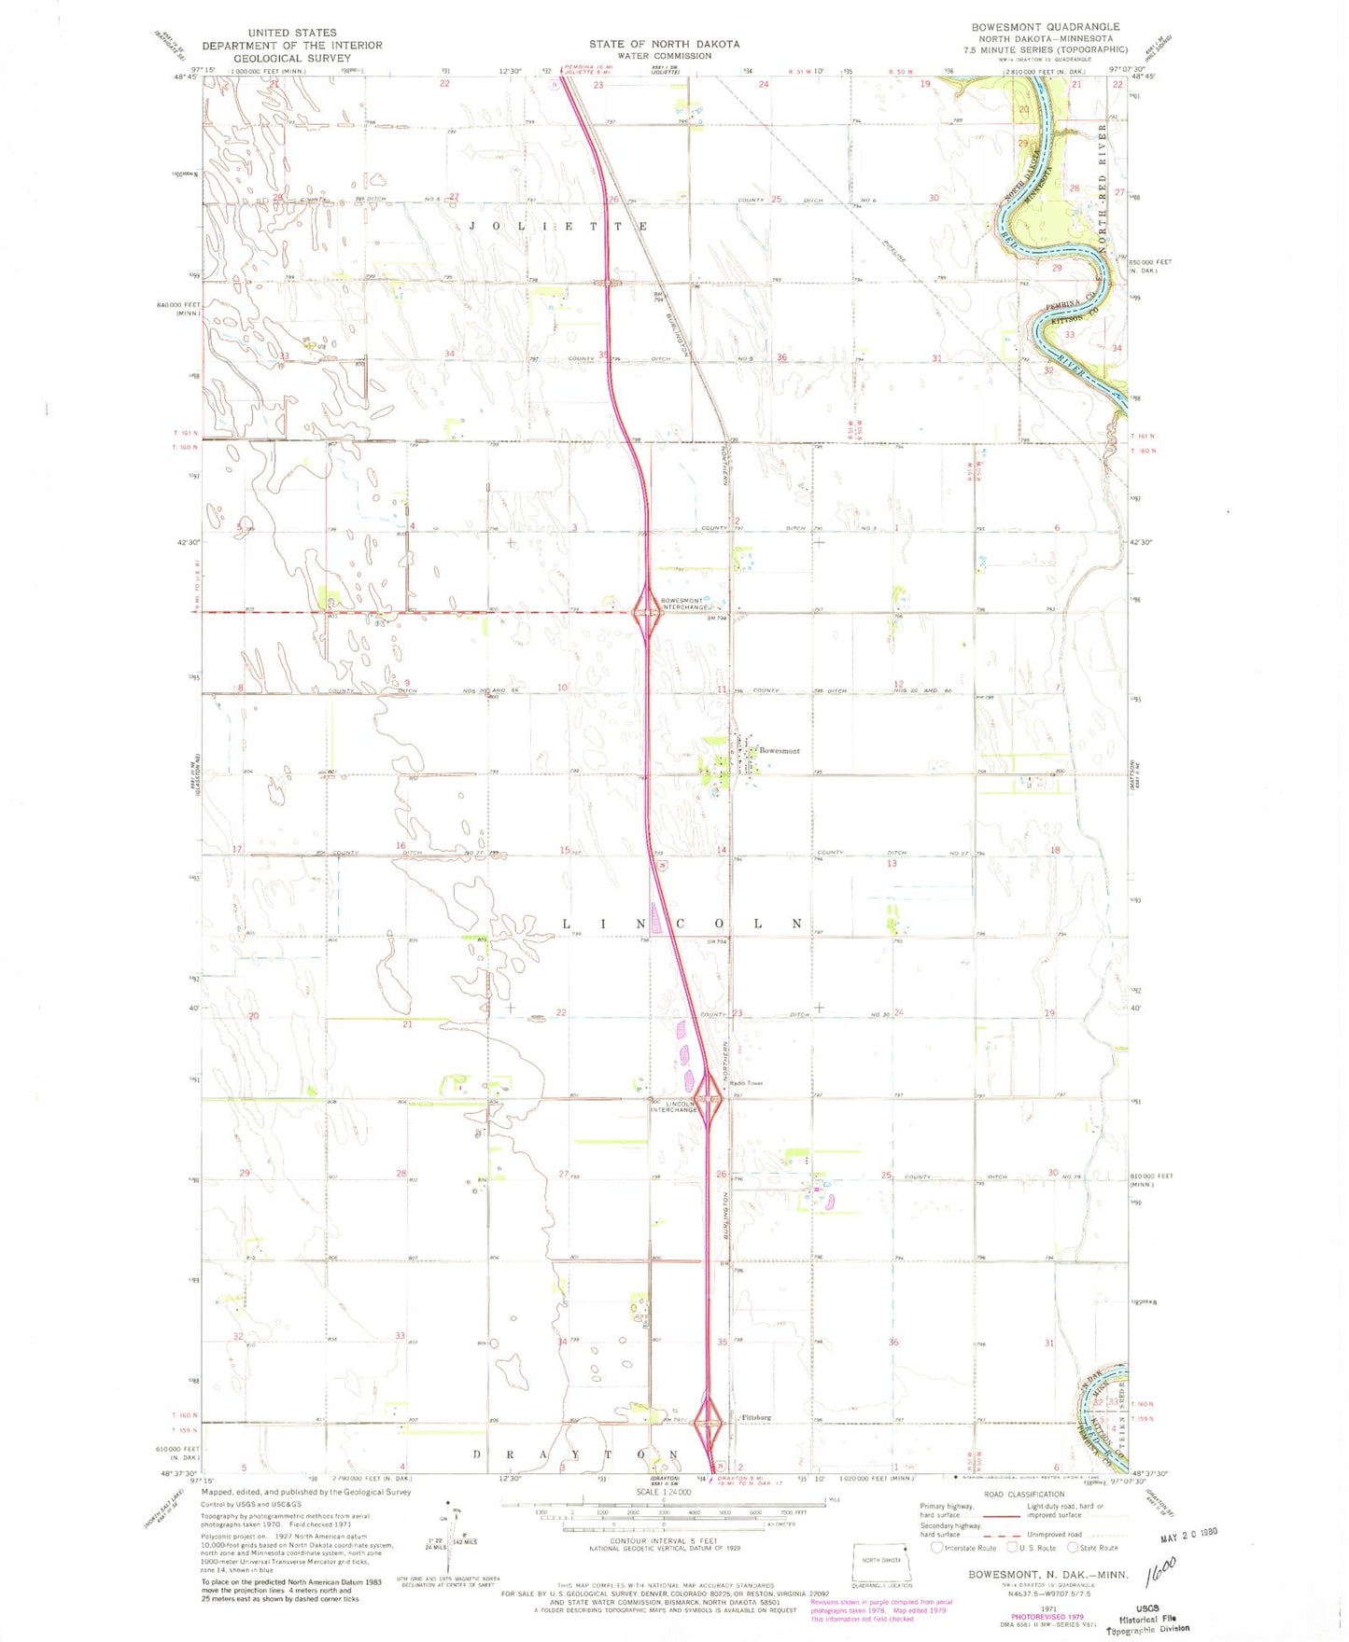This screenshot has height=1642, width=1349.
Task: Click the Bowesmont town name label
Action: tap(779, 750)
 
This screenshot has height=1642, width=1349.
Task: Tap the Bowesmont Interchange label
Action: tap(685, 604)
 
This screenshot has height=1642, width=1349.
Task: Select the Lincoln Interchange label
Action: tap(675, 1106)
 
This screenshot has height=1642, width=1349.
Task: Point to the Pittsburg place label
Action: tap(755, 1417)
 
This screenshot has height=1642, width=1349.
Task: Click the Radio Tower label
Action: tap(746, 1083)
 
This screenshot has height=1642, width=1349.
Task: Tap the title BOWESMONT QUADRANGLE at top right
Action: tap(1045, 27)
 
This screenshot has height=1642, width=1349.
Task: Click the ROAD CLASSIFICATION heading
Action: tap(1023, 1494)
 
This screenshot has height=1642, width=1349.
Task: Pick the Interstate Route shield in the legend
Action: tap(937, 1548)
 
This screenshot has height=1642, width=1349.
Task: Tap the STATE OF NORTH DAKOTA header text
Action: tap(664, 44)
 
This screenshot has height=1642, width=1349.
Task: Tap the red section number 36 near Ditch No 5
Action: tap(781, 357)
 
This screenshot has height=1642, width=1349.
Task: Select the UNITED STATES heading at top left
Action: tap(292, 33)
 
